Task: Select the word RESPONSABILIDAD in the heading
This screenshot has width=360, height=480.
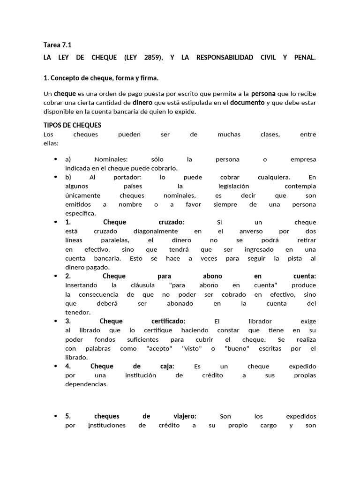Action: coord(225,58)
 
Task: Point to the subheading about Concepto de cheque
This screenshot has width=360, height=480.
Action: coord(104,77)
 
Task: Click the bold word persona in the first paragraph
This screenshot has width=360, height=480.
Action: coord(263,94)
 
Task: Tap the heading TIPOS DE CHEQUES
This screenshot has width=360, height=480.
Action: coord(72,125)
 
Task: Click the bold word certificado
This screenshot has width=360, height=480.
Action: coord(168,321)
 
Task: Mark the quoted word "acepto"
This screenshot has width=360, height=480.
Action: coord(159,348)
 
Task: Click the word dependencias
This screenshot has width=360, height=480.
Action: coord(87,384)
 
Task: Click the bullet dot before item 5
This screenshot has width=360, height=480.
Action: coord(56,416)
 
